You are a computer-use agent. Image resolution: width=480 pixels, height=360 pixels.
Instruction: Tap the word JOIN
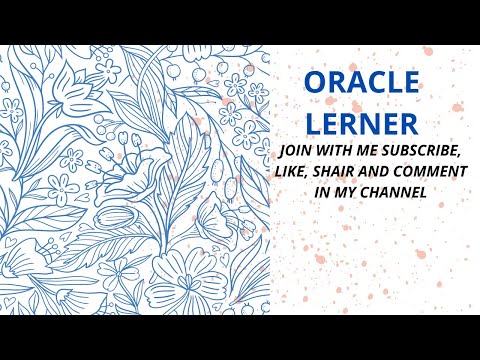click(x=298, y=150)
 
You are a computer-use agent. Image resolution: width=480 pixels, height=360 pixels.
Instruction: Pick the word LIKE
click(x=304, y=171)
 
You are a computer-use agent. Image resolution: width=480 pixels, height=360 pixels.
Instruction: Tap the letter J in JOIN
click(x=285, y=150)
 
